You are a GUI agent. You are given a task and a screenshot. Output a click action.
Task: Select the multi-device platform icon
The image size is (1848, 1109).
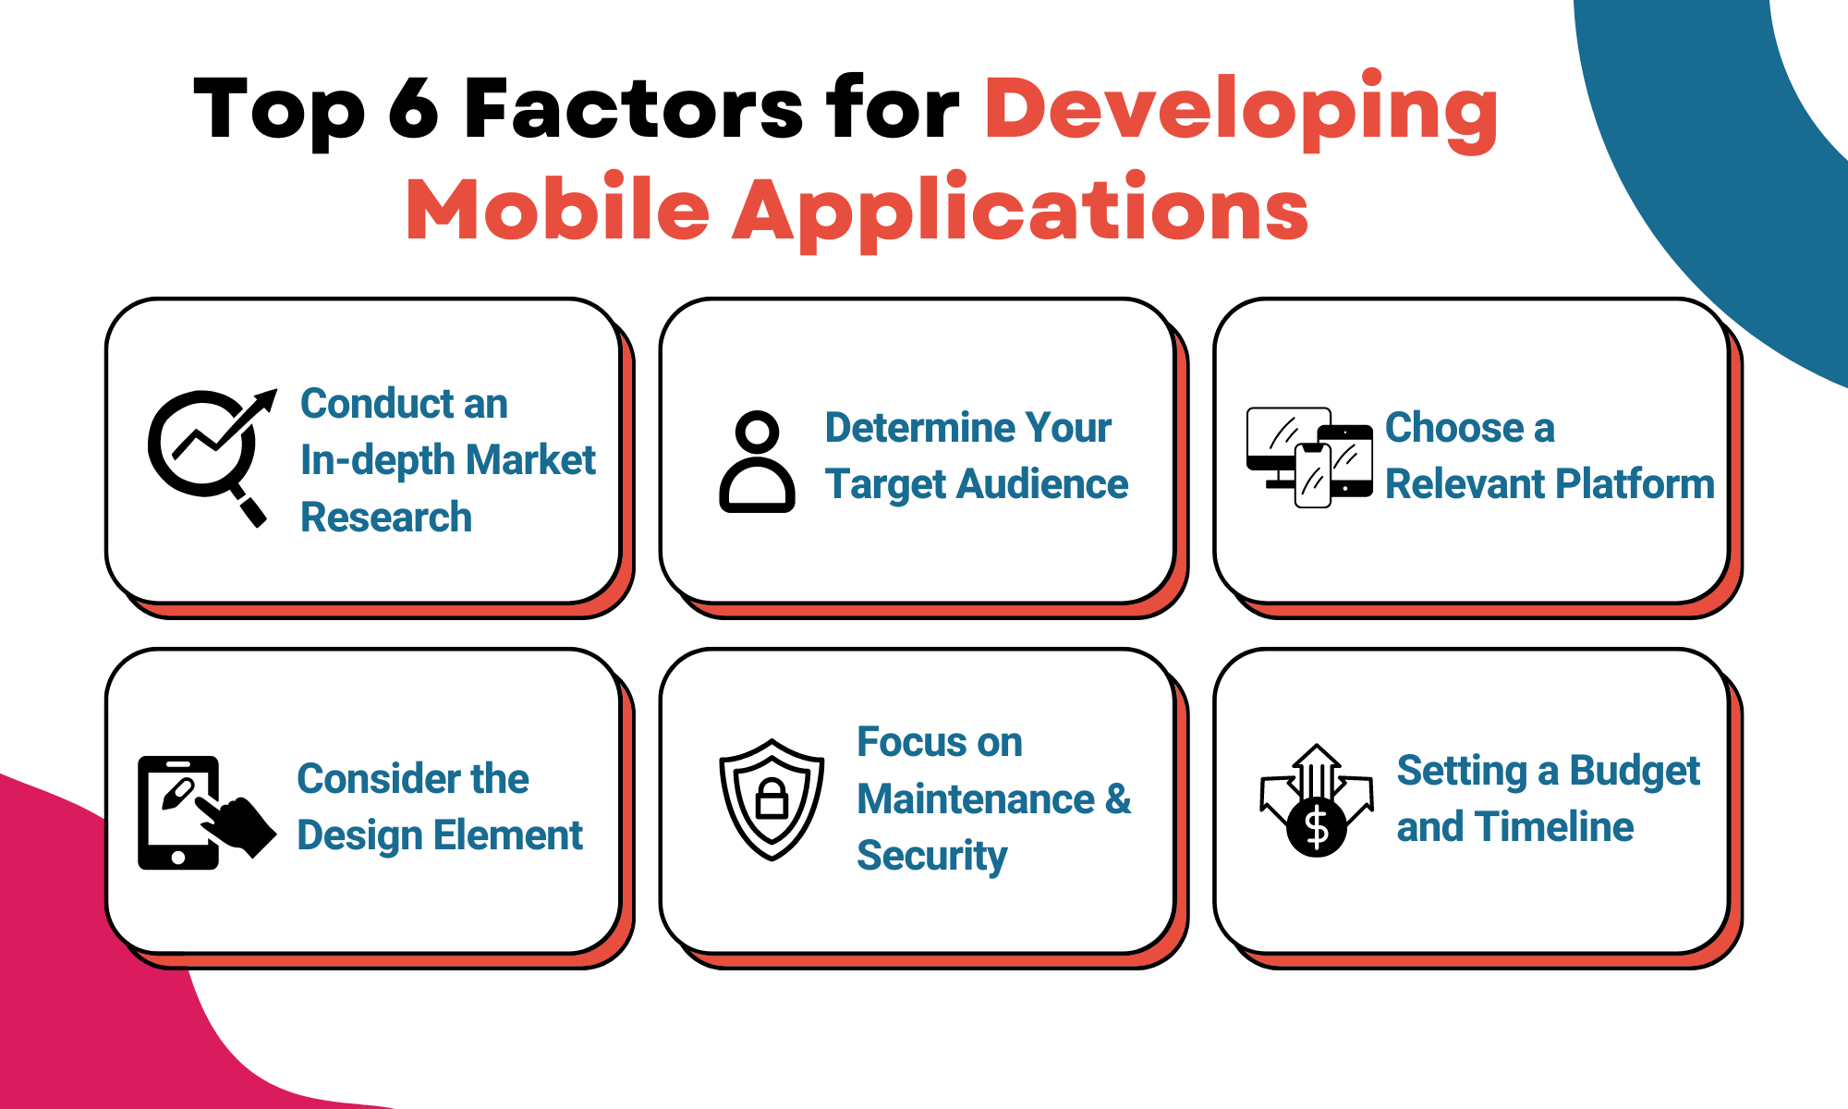tap(1308, 457)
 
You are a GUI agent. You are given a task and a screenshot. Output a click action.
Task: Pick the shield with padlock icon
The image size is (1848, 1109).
tap(772, 798)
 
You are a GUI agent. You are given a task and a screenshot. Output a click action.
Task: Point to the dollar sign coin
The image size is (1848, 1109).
tap(1317, 828)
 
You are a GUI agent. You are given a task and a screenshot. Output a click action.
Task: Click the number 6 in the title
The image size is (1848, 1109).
tap(413, 109)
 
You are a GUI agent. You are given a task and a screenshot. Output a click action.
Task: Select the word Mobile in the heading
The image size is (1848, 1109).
tap(557, 211)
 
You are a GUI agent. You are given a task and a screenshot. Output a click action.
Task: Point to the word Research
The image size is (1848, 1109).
tap(386, 518)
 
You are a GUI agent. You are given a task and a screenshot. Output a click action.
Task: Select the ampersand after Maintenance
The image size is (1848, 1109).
tap(1118, 798)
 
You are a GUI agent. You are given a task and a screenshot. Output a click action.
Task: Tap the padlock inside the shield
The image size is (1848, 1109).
tap(772, 798)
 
